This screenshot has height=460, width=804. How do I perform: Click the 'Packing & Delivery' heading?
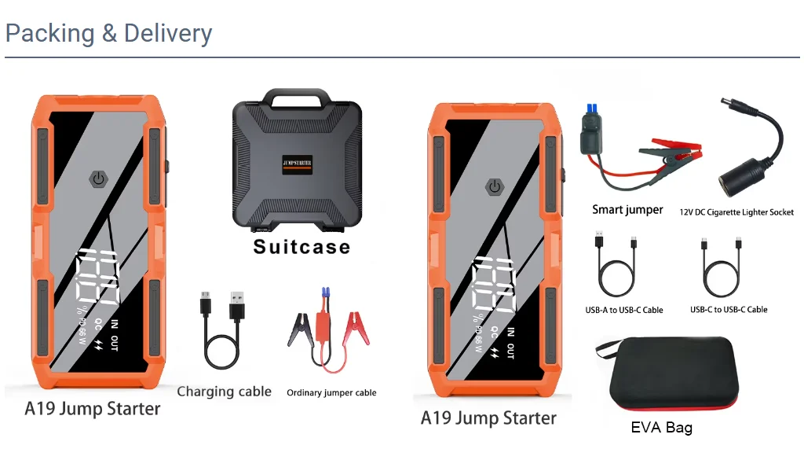coord(108,33)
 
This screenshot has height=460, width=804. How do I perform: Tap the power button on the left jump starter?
coord(98,179)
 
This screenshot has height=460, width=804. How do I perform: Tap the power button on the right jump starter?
coord(495,187)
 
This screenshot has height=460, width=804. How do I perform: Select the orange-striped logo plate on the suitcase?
coord(297,164)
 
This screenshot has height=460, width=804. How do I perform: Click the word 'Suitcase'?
coord(302,247)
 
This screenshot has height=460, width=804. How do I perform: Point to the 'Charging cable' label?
coord(224,392)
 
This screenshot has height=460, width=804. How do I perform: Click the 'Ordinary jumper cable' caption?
coord(331,392)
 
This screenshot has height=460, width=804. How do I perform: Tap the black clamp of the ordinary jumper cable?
coord(299,329)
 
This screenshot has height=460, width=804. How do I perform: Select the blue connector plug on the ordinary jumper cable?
coord(324,293)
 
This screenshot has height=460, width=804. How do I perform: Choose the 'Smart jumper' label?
coord(627,209)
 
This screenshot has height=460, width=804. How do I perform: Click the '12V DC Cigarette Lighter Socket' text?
coord(736,212)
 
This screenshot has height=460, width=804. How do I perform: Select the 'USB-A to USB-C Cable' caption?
coord(624,310)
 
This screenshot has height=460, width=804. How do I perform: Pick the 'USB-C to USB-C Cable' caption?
coord(729,310)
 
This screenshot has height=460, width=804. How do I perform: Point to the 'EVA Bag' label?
coord(661,428)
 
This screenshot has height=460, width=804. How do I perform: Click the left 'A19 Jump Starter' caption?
coord(93,409)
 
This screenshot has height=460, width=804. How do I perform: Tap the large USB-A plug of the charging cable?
coord(237,305)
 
